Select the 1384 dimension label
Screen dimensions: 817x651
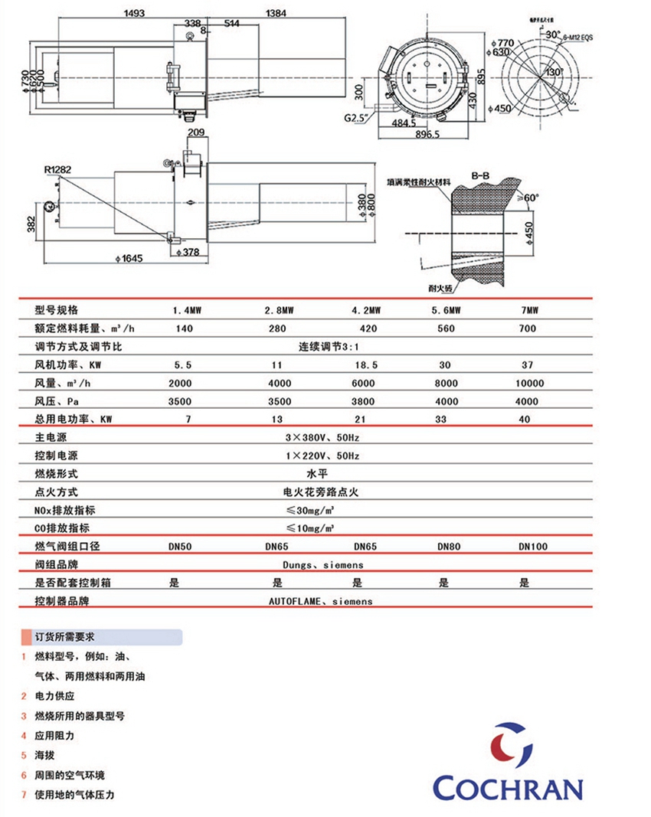point(277,12)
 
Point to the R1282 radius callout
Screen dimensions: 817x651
point(58,170)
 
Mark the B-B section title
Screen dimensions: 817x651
point(481,176)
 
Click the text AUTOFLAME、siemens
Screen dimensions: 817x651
point(320,602)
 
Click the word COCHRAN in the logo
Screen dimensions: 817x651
point(508,787)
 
